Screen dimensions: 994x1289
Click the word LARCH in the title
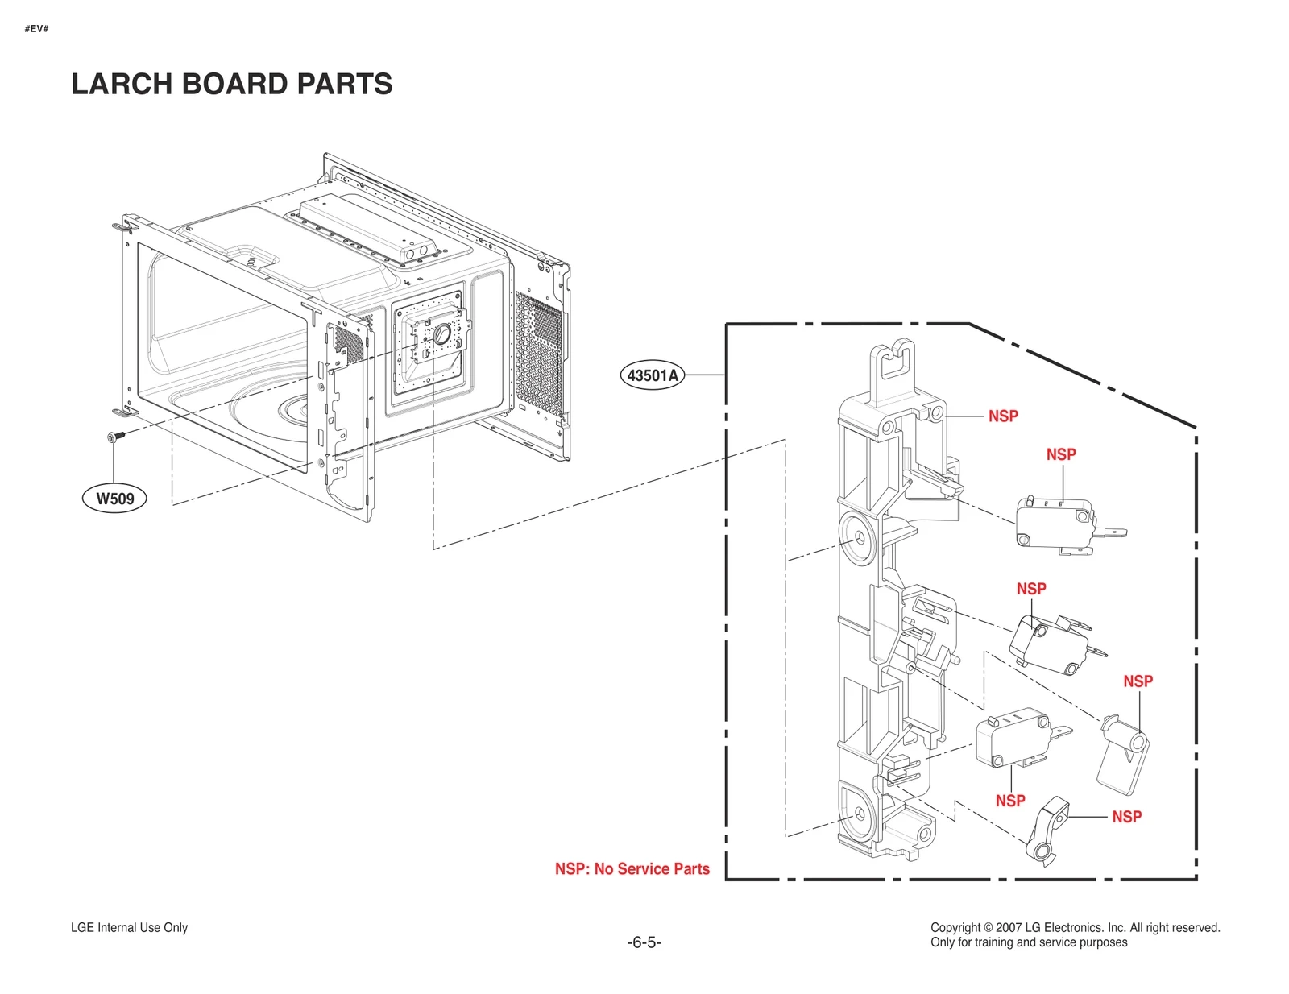[x=122, y=84]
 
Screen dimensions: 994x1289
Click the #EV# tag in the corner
[x=36, y=29]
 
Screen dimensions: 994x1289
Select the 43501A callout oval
[x=653, y=375]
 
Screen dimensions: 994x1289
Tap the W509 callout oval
[x=115, y=499]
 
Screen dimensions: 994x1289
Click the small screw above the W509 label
[x=114, y=437]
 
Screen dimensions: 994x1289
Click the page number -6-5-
[x=644, y=942]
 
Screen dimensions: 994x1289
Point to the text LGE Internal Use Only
[x=129, y=928]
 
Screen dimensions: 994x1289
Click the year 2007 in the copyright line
[x=1009, y=928]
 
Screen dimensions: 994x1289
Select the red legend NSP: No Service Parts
[x=632, y=869]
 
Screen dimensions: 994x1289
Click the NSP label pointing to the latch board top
[x=1003, y=416]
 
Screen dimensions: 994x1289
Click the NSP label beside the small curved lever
[x=1126, y=817]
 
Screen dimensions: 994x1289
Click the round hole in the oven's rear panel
[x=441, y=333]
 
